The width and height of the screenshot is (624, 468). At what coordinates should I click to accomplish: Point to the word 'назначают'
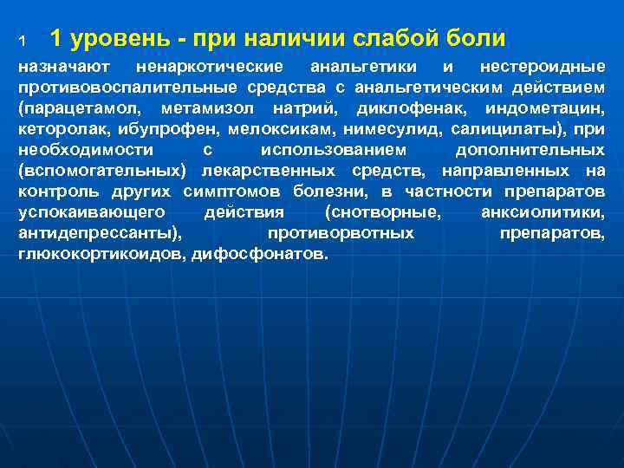(62, 68)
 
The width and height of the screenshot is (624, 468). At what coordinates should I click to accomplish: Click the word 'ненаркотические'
(211, 68)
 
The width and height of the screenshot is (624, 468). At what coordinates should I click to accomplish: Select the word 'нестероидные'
(543, 68)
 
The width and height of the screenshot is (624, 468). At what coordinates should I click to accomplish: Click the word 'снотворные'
(385, 213)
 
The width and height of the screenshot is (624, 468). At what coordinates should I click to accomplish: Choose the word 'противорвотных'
(341, 234)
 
